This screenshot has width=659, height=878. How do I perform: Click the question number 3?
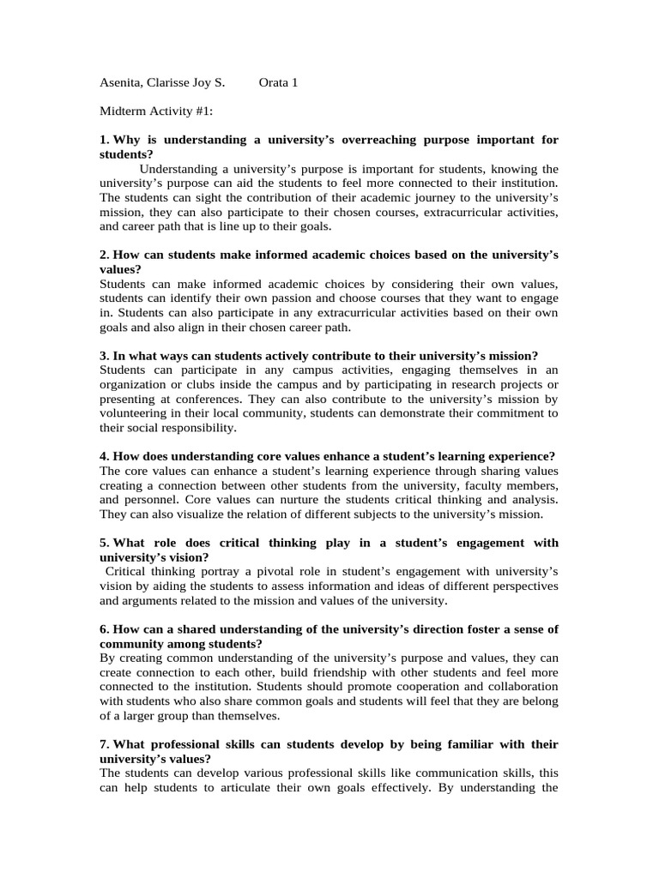104,356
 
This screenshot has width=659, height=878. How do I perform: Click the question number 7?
104,745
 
